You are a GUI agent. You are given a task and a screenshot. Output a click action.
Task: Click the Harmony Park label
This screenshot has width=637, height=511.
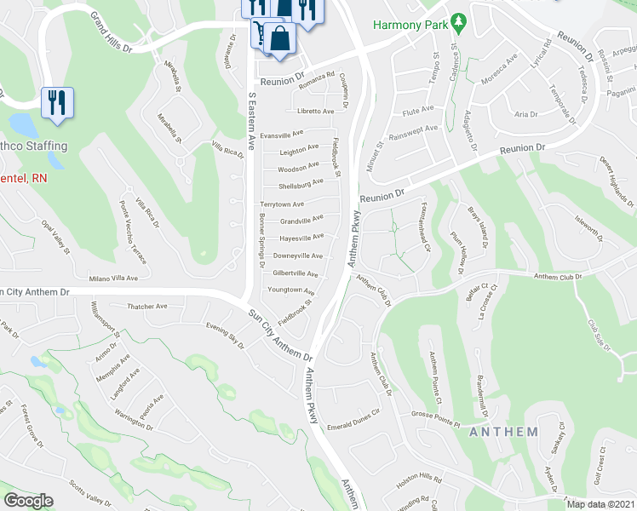pyautogui.click(x=410, y=23)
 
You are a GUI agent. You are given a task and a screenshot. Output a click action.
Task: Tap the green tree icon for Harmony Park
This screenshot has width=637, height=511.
pyautogui.click(x=459, y=19)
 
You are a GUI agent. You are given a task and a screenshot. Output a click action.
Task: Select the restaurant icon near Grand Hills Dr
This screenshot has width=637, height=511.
pyautogui.click(x=57, y=102)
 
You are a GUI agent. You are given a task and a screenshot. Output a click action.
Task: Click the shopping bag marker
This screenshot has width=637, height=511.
pyautogui.click(x=279, y=39)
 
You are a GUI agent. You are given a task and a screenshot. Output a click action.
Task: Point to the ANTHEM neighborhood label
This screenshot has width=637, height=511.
pyautogui.click(x=503, y=432)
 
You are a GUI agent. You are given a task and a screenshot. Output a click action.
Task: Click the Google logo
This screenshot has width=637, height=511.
pyautogui.click(x=28, y=501)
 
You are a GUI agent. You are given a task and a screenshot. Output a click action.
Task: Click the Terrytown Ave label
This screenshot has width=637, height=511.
pyautogui.click(x=282, y=204)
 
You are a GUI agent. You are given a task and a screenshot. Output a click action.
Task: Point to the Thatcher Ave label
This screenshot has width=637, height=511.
pyautogui.click(x=147, y=307)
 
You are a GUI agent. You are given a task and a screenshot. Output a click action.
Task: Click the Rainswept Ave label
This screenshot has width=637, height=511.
pyautogui.click(x=413, y=129)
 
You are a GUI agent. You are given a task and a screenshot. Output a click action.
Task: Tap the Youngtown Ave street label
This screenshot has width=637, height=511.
pyautogui.click(x=291, y=290)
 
